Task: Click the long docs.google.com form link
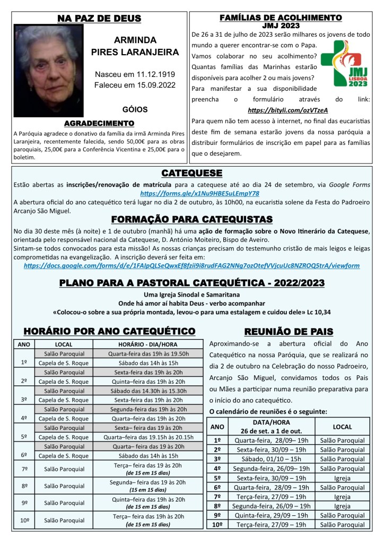click(x=191, y=265)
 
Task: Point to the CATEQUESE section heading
click(x=191, y=174)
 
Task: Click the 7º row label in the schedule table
click(x=24, y=469)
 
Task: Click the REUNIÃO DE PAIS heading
click(x=289, y=332)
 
